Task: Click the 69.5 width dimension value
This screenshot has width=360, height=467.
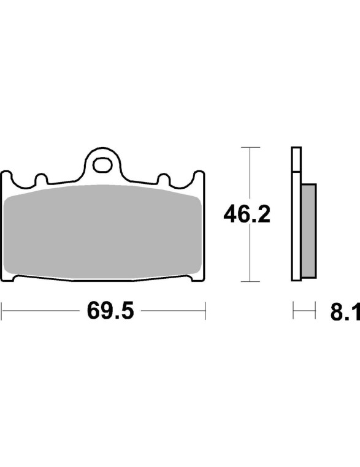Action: tap(110, 310)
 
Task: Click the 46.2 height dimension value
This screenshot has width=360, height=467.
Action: tap(247, 214)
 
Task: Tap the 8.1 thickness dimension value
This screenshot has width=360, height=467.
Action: tap(345, 311)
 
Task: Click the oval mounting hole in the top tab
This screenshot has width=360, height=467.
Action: tap(102, 165)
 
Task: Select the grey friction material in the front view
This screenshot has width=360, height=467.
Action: tap(102, 232)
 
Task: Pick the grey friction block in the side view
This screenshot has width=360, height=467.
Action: tap(308, 231)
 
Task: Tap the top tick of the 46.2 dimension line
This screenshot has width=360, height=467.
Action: tap(250, 147)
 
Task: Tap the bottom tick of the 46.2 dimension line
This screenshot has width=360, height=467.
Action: tap(250, 281)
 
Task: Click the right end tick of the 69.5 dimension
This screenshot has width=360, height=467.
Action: tap(205, 311)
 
